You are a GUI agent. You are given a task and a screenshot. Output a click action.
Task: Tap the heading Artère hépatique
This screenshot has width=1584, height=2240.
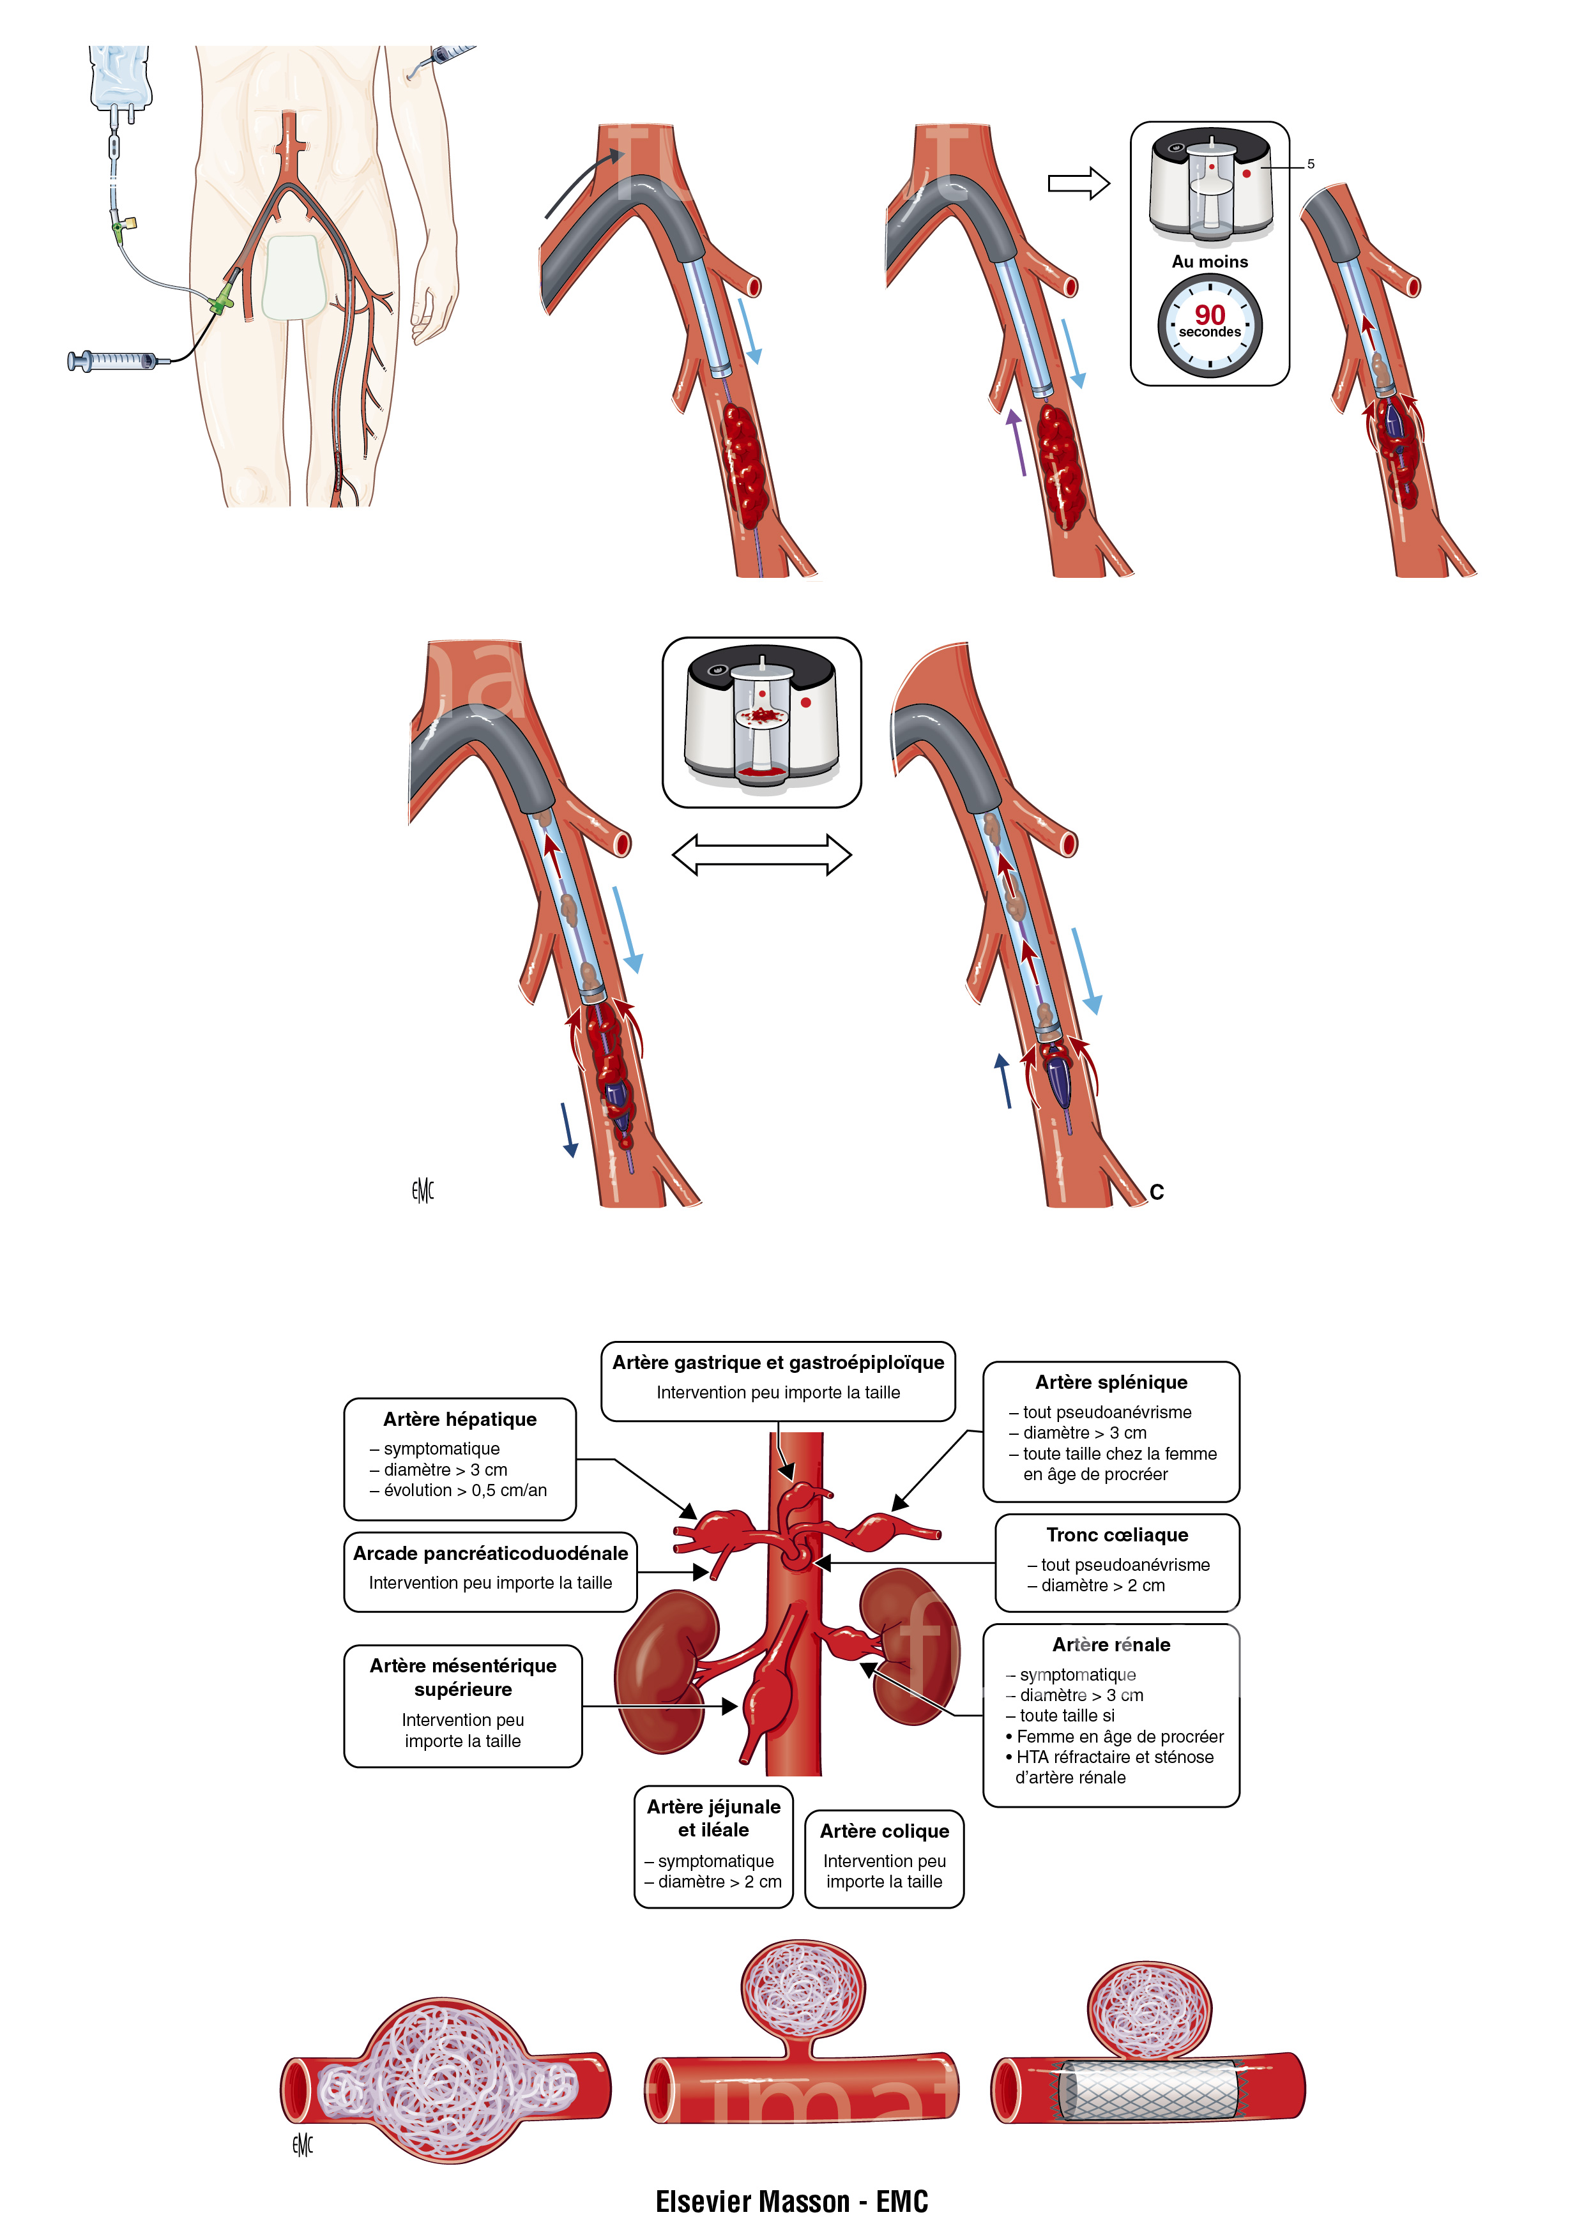coord(460,1419)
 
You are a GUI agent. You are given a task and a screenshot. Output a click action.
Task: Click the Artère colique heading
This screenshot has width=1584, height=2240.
coord(884,1830)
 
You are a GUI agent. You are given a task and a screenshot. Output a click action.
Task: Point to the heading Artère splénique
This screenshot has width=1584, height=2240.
coord(1111,1381)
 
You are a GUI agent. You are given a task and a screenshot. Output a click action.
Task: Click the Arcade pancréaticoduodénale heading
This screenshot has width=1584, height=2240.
coord(490,1552)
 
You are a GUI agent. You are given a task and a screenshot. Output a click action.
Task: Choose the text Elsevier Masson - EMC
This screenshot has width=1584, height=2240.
coord(791,2201)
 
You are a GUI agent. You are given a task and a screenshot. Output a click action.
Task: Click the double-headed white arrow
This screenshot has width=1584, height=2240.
coord(761,854)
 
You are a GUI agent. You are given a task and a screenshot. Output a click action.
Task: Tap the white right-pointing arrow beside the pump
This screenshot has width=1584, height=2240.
coord(1078,183)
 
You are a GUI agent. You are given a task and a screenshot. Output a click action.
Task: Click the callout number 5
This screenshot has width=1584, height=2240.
coord(1311,164)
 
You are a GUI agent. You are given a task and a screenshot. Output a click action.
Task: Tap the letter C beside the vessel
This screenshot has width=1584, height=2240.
coord(1157,1192)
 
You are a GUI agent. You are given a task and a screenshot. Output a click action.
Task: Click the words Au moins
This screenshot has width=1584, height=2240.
coord(1209,261)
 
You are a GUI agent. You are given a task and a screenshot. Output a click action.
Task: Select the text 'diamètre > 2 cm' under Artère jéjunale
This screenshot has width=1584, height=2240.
coord(719,1881)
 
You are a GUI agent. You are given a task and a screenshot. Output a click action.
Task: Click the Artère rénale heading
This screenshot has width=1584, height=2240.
coord(1111,1644)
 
